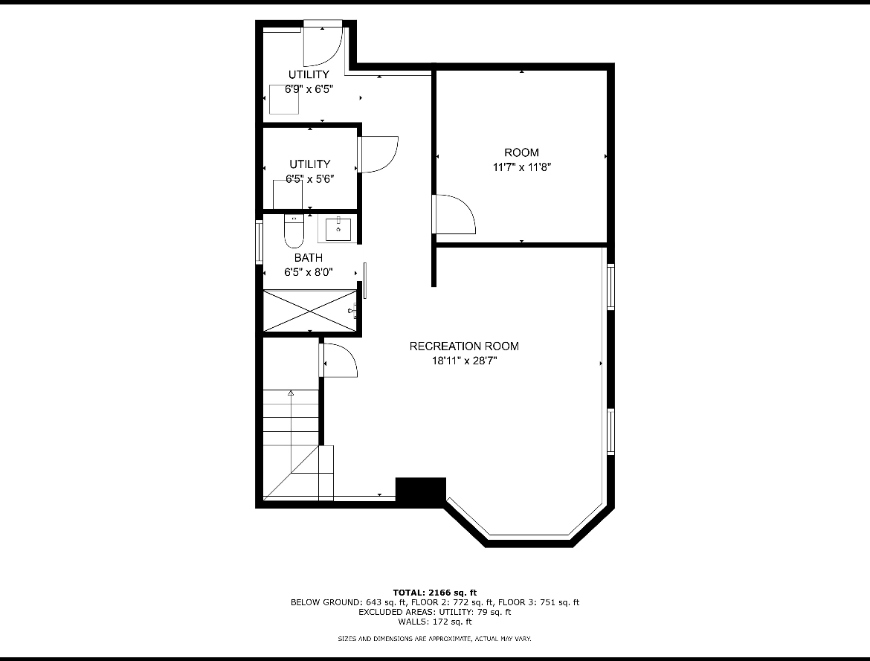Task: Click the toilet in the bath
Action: coord(294,231)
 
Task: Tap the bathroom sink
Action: coord(338,230)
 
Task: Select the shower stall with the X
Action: coord(309,311)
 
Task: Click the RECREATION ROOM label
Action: coord(464,346)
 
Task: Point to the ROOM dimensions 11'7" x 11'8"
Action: coord(521,167)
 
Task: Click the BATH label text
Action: coord(309,258)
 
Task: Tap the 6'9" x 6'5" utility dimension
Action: coord(309,89)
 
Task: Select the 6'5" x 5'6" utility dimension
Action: coord(309,179)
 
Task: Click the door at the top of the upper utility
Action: coord(323,42)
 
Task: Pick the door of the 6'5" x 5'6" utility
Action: coord(378,155)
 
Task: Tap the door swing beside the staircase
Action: coord(339,361)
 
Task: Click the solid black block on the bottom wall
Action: coord(421,490)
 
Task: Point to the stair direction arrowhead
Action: coord(290,393)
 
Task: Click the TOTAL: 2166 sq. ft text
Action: coord(434,593)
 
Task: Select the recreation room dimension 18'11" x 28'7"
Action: coord(465,361)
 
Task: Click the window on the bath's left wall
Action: coord(259,242)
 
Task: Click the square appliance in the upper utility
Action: coord(284,100)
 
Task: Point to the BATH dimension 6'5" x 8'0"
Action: coord(309,272)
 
